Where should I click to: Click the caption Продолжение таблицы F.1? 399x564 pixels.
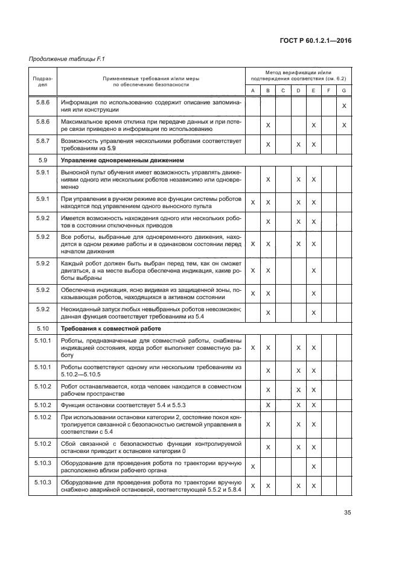[63, 59]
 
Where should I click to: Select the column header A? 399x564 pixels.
[253, 90]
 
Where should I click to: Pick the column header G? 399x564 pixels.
[343, 90]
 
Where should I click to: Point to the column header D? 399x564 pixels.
[298, 90]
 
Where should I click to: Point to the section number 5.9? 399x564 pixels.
[43, 160]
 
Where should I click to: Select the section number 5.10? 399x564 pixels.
[43, 328]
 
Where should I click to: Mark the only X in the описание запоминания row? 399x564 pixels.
[343, 106]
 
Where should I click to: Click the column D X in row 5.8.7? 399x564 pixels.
[298, 145]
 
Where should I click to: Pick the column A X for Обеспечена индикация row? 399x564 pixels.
[253, 293]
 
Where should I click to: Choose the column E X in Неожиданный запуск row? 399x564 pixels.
[314, 312]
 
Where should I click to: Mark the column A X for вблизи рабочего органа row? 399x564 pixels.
[253, 466]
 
